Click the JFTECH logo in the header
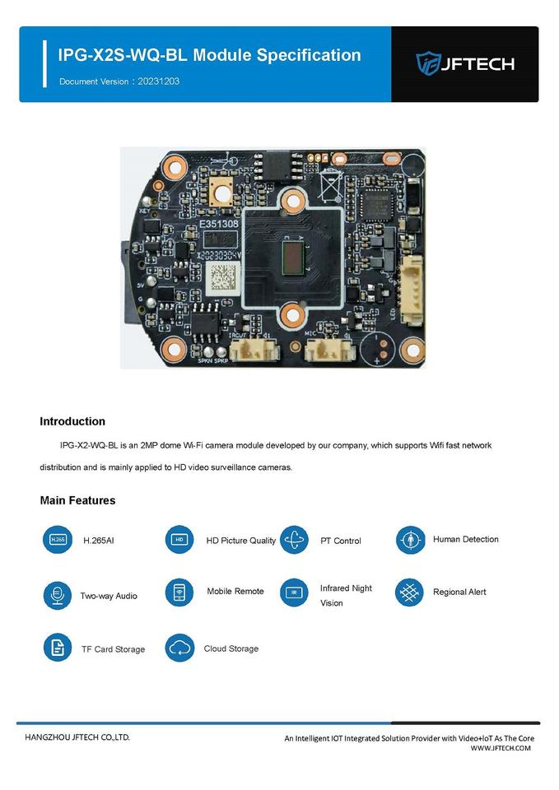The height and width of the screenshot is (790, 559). click(464, 63)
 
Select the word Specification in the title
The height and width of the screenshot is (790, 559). click(309, 55)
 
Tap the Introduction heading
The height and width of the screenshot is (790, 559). click(72, 421)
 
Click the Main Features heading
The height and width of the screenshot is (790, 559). click(77, 500)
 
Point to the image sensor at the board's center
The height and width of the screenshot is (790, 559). click(291, 257)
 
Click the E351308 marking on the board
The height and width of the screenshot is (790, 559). click(218, 223)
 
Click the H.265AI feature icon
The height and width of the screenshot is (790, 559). click(57, 540)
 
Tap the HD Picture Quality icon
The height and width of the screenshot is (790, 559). click(179, 540)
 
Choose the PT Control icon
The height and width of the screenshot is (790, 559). click(294, 540)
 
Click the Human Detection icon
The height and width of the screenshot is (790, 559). click(409, 540)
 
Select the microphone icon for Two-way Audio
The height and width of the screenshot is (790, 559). click(57, 594)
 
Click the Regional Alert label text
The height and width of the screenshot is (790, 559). click(459, 592)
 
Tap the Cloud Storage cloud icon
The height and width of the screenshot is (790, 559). click(179, 648)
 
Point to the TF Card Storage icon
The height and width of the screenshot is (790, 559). click(57, 648)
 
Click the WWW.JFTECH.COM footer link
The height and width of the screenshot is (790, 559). click(501, 748)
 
